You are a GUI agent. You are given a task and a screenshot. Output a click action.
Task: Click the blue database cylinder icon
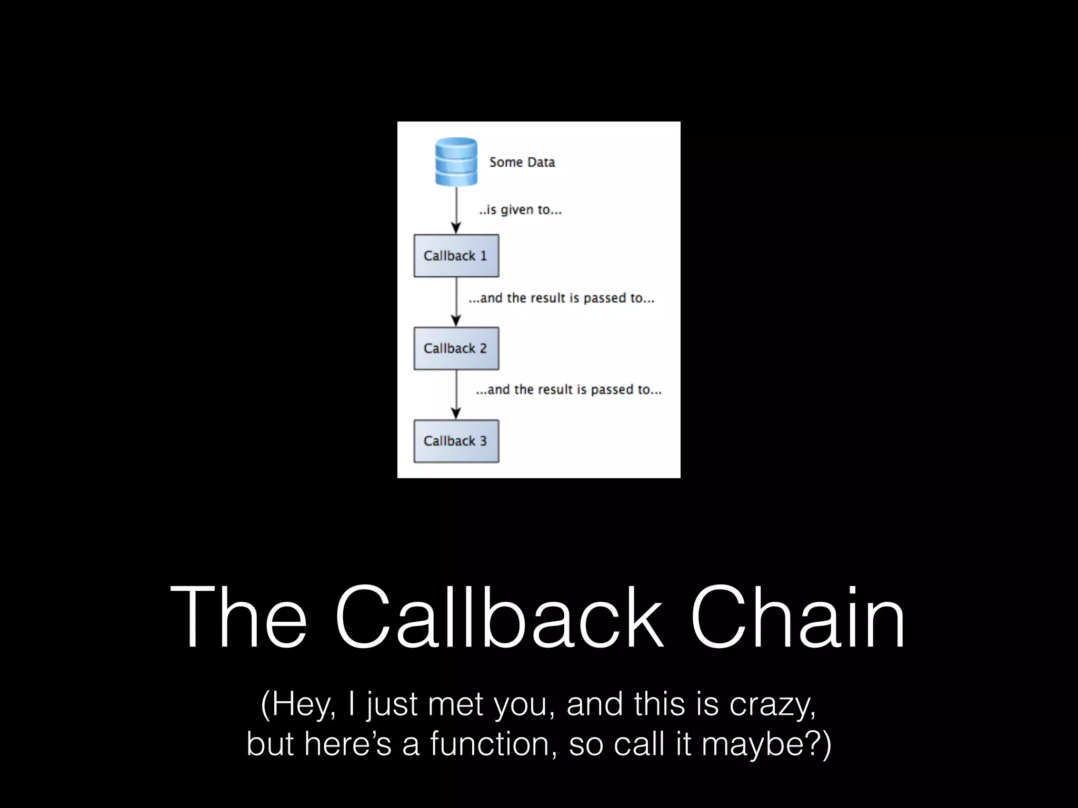[x=456, y=161]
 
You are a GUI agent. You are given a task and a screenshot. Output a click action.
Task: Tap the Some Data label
[x=522, y=162]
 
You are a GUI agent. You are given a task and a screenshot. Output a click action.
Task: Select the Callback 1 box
[x=456, y=256]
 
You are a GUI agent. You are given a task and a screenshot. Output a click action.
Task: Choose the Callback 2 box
[x=456, y=348]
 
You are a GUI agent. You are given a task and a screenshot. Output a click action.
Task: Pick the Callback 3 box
[x=456, y=441]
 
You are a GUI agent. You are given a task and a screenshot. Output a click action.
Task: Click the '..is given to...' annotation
[x=520, y=210]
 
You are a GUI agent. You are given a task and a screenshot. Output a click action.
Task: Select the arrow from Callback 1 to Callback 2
[x=456, y=302]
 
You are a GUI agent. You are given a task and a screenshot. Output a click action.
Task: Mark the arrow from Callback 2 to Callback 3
[x=456, y=395]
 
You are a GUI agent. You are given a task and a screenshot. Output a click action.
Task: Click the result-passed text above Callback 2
[x=561, y=298]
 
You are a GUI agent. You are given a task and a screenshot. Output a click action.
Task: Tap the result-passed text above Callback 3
[x=568, y=390]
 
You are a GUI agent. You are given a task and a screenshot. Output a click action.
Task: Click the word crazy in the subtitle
[x=772, y=705]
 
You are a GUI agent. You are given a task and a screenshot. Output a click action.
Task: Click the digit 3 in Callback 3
[x=483, y=441]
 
